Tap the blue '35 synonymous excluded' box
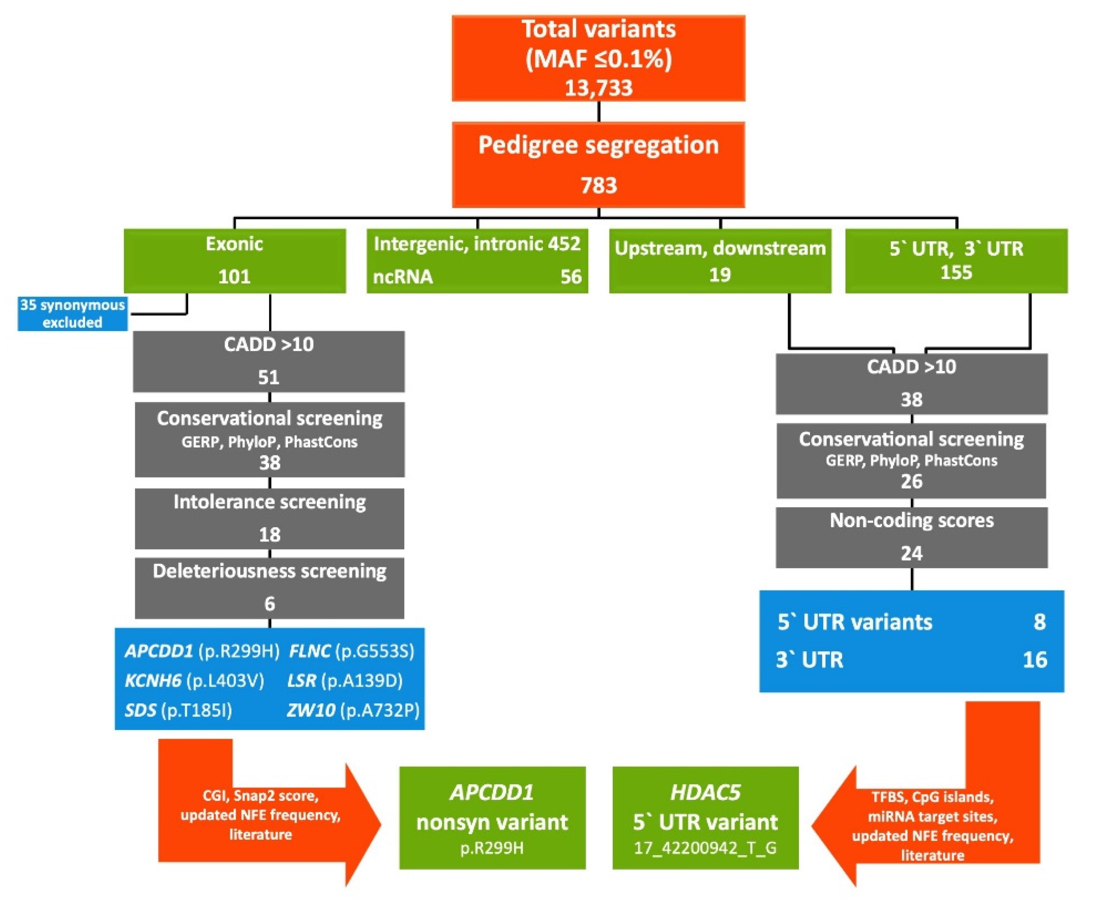click(x=72, y=314)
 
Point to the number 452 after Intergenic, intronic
click(x=564, y=244)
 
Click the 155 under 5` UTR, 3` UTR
click(x=956, y=272)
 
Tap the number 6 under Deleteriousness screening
click(x=269, y=603)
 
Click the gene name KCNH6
click(x=152, y=681)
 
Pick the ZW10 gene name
click(x=311, y=710)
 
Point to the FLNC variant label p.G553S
click(x=374, y=651)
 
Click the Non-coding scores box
click(x=911, y=537)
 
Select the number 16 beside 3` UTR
click(x=1034, y=660)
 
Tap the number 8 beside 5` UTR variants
click(x=1039, y=622)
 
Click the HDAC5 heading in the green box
click(x=705, y=792)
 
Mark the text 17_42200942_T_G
click(x=705, y=848)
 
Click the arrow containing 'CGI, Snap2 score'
click(x=260, y=814)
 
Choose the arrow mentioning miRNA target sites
click(x=932, y=825)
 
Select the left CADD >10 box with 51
click(x=269, y=361)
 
